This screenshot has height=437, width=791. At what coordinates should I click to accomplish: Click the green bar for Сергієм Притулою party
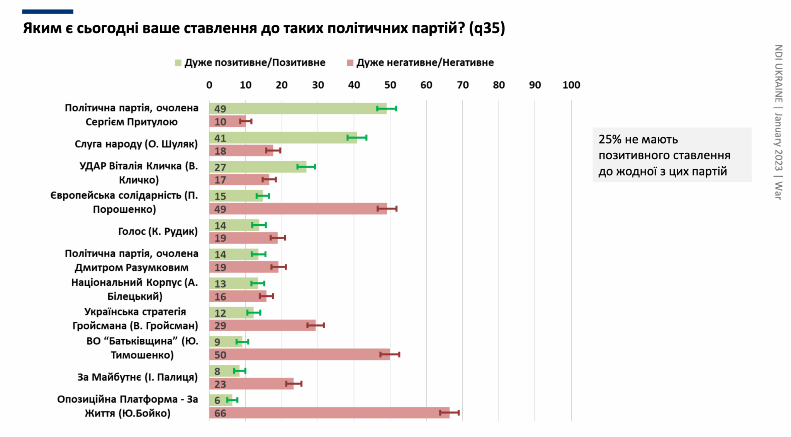pos(297,109)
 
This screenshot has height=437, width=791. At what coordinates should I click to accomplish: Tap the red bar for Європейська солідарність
pos(298,209)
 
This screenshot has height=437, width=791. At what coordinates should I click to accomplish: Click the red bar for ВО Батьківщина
pos(299,355)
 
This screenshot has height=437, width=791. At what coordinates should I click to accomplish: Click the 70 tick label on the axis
pos(462,85)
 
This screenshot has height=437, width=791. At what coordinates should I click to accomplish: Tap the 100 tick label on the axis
pos(571,85)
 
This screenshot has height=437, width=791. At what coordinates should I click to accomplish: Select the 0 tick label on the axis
pos(209,85)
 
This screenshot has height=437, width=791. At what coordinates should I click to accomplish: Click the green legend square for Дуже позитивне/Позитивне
pos(178,63)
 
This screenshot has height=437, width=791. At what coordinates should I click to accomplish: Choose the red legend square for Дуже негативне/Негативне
pos(350,63)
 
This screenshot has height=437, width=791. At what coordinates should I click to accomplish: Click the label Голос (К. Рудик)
pos(158,231)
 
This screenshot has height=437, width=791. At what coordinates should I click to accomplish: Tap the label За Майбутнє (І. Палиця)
pos(137,377)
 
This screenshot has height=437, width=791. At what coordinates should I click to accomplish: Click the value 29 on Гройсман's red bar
pos(220,326)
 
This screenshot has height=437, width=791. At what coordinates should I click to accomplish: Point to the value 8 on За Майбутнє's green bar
pos(217,371)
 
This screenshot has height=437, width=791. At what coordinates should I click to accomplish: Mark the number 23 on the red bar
pos(220,384)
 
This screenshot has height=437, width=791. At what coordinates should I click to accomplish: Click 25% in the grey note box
pos(610,140)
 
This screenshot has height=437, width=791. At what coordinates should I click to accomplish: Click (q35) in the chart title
pos(487,28)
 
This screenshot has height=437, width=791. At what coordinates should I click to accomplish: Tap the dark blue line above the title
pos(48,12)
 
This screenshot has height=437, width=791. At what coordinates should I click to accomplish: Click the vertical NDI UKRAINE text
pos(778,73)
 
